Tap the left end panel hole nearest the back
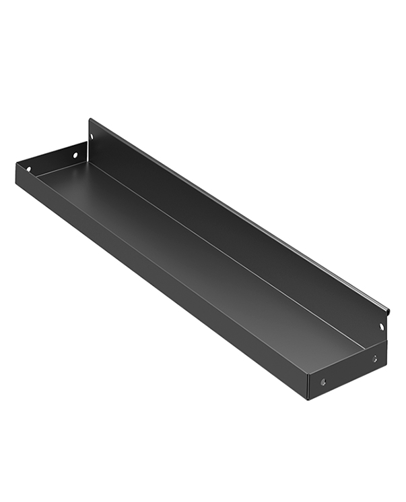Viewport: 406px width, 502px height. tap(75, 155)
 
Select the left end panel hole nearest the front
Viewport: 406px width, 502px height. tap(28, 169)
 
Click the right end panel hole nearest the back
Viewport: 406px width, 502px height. tap(375, 358)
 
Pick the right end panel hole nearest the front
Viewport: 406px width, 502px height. tap(324, 382)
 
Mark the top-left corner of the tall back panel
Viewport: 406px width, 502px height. tap(90, 119)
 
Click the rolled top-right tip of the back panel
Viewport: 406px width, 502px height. tap(388, 310)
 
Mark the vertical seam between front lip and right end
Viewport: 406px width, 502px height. tap(309, 385)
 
